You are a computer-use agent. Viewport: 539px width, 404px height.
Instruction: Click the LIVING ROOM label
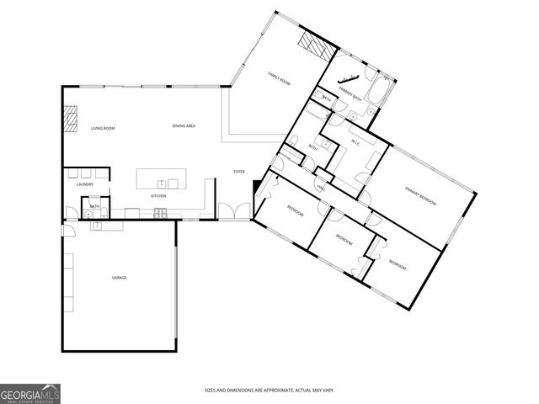[x=103, y=128]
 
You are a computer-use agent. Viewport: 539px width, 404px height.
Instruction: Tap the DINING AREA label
[x=184, y=126]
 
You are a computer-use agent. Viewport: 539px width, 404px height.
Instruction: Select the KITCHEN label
[x=158, y=196]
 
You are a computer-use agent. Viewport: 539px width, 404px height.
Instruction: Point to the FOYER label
[x=239, y=172]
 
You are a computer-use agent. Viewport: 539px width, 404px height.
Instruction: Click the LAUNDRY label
[x=85, y=184]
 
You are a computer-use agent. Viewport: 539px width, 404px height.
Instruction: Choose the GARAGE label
[x=120, y=277]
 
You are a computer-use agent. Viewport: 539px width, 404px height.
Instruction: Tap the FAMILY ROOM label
[x=279, y=79]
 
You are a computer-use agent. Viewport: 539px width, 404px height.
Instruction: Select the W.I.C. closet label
[x=355, y=141]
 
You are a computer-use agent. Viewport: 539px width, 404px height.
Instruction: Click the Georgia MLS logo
[x=29, y=393]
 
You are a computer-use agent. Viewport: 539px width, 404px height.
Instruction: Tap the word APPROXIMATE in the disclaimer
[x=278, y=390]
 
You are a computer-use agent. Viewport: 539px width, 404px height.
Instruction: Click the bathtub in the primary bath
[x=377, y=92]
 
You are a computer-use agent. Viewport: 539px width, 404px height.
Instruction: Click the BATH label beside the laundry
[x=95, y=205]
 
